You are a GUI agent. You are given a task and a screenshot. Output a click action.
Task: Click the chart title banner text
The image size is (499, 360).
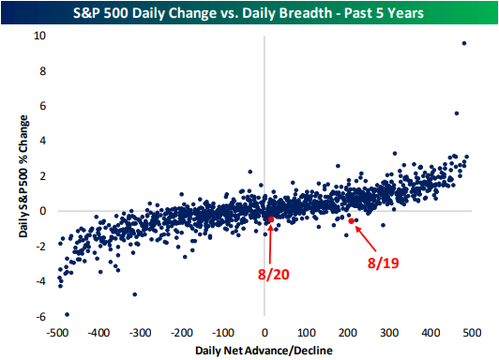tap(249, 13)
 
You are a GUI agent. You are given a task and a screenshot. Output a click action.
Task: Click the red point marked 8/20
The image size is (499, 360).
tap(271, 219)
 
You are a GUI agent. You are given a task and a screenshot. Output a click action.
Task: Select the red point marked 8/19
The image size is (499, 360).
tap(352, 221)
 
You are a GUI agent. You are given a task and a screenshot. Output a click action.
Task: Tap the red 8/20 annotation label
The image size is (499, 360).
tap(273, 274)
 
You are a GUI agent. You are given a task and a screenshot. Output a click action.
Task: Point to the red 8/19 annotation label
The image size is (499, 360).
tap(383, 263)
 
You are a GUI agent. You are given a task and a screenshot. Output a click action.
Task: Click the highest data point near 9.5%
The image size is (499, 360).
tap(464, 43)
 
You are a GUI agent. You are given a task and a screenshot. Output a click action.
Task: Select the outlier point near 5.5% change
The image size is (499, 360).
tap(457, 113)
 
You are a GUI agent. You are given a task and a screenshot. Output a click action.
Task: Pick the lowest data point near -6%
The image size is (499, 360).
tap(67, 314)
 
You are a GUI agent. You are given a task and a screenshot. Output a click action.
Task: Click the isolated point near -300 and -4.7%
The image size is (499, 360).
tap(135, 294)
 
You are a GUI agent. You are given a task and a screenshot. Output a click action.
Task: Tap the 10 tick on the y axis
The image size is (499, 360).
tap(39, 36)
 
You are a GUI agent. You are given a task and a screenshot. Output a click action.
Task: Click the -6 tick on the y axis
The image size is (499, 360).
tap(41, 317)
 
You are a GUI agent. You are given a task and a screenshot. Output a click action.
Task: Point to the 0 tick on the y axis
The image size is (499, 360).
tap(43, 211)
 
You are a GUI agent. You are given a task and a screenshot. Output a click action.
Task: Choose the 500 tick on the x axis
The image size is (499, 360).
tap(472, 333)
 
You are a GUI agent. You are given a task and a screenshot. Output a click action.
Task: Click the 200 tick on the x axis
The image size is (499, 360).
tap(347, 333)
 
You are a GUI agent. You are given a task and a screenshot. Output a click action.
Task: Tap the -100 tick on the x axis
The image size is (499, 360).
tap(223, 333)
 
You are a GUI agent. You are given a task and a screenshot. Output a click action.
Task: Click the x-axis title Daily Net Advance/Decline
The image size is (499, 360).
tap(264, 351)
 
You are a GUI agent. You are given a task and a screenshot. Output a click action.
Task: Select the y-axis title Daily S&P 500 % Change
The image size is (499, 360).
tap(23, 176)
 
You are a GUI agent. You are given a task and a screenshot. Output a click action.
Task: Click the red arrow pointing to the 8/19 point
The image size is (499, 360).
tap(366, 239)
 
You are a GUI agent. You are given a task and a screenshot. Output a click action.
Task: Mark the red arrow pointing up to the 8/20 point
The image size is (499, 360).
tap(270, 245)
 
